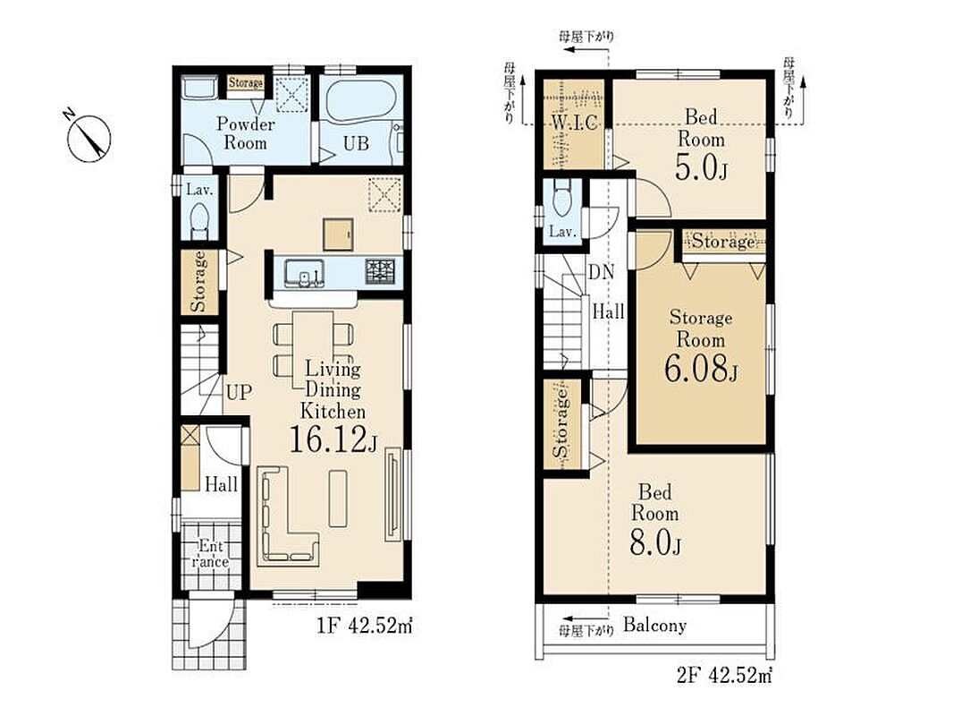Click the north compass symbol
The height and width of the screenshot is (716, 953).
click(x=89, y=138)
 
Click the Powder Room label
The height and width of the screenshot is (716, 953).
click(x=246, y=134)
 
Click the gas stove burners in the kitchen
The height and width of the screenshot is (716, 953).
click(x=380, y=270)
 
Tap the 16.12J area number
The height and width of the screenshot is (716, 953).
click(x=333, y=439)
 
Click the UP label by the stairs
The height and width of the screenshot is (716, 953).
click(x=239, y=392)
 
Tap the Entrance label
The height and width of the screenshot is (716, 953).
click(x=210, y=554)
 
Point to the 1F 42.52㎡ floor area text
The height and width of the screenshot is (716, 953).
click(x=365, y=626)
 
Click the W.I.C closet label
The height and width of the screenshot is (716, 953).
click(x=574, y=123)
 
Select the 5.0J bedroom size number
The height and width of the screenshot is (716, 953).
click(x=701, y=167)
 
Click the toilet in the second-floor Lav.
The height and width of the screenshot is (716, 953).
click(x=563, y=199)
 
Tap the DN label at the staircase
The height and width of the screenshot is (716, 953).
click(x=601, y=272)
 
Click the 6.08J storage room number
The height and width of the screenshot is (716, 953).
click(x=701, y=368)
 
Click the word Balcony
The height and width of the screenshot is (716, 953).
click(x=654, y=626)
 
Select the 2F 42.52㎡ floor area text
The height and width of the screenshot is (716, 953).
click(x=724, y=675)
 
